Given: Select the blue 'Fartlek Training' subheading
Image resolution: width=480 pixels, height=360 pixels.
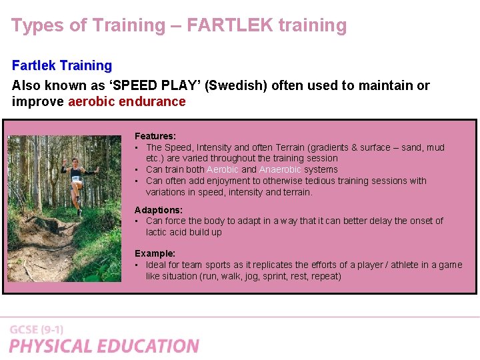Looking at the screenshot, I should (62, 65).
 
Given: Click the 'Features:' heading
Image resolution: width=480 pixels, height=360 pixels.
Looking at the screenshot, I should (155, 136).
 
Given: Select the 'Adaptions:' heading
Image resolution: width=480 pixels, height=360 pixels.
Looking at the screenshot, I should (158, 210).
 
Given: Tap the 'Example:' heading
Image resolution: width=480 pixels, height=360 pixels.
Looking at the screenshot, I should (155, 253).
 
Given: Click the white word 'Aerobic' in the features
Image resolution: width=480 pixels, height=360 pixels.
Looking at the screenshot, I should (222, 169).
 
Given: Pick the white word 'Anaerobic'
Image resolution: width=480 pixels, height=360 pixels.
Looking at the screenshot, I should (280, 169).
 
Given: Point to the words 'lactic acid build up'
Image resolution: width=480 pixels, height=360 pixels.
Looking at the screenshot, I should (184, 232).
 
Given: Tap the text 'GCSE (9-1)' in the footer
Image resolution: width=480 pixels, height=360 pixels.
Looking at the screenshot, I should (37, 330).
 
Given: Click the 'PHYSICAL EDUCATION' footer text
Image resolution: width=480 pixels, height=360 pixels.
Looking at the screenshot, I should (104, 346).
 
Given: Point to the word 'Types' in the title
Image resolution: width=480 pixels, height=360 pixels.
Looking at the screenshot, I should (33, 26).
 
